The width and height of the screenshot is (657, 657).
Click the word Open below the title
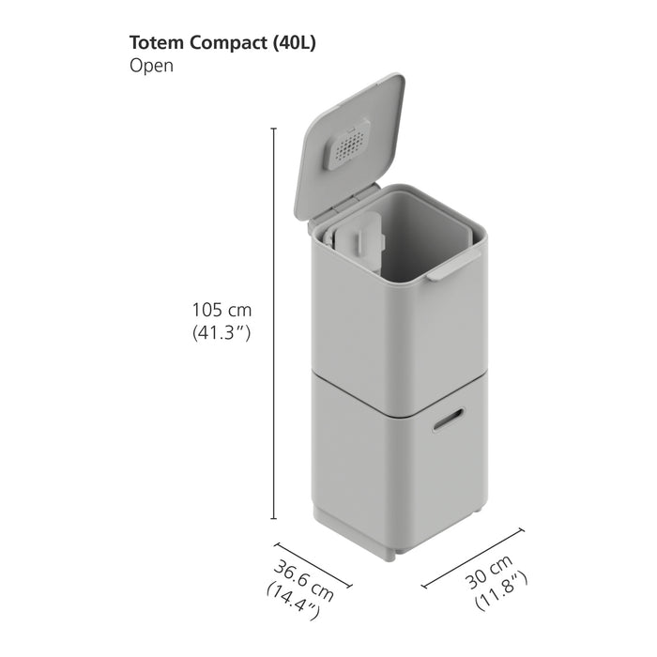tap(151, 67)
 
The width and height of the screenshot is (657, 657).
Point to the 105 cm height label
tap(222, 310)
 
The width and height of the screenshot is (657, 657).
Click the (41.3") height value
tap(222, 332)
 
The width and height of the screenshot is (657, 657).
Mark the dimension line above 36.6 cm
tap(313, 564)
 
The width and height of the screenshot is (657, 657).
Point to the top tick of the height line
tap(274, 128)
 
